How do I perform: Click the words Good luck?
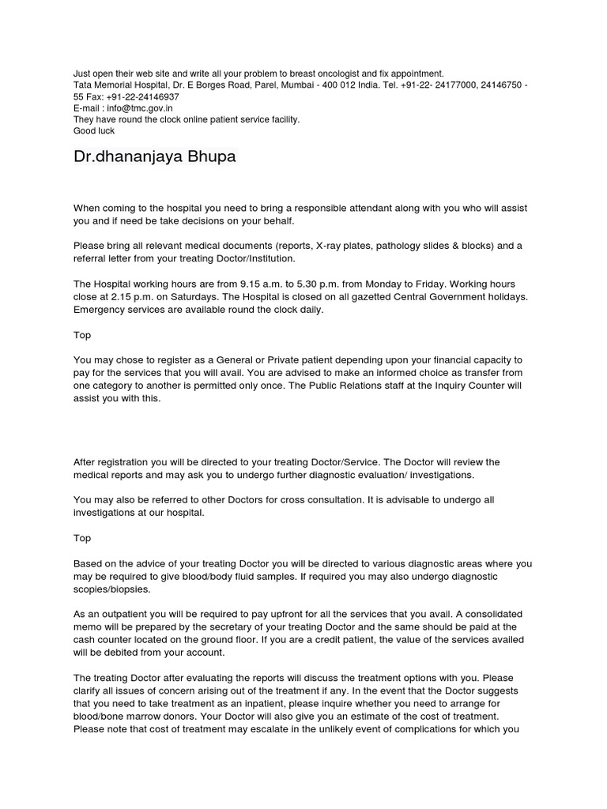click(94, 131)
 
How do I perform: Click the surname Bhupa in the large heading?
click(205, 156)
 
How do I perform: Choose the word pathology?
click(406, 246)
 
